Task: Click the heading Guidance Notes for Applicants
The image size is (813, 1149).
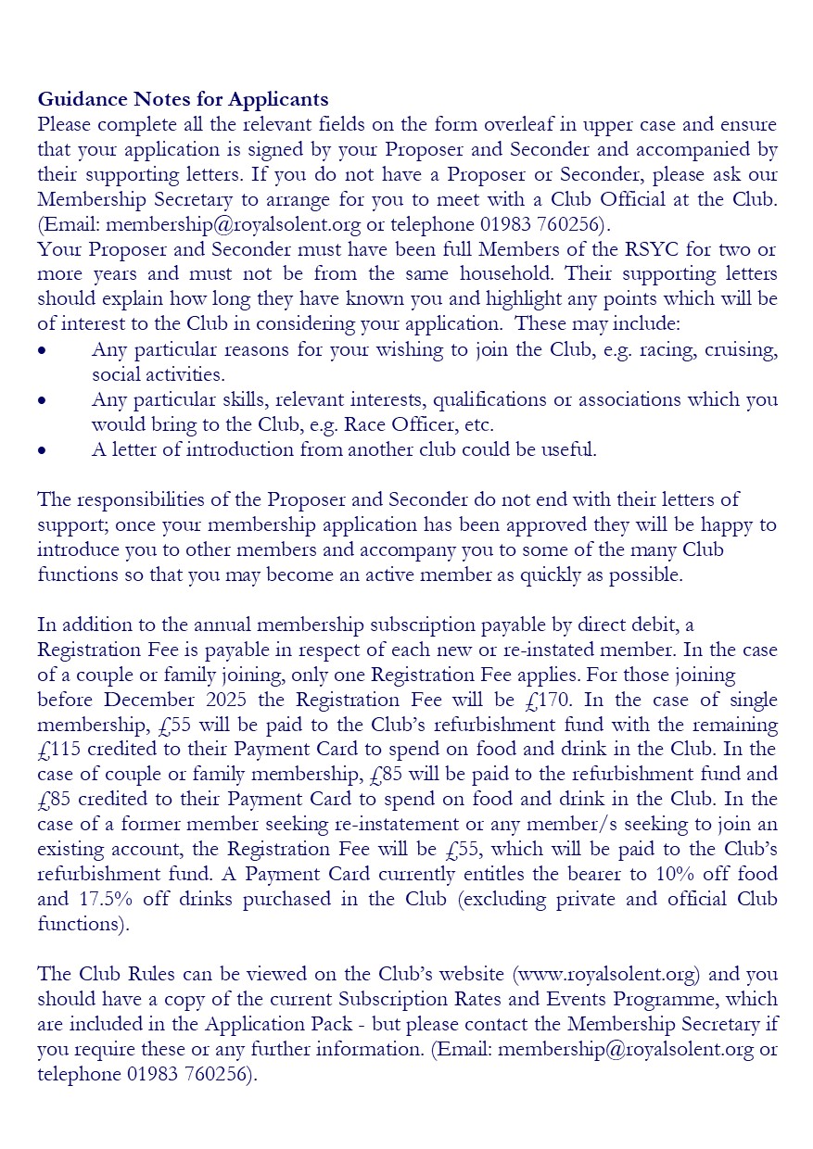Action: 183,99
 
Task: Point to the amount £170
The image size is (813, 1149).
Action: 554,700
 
